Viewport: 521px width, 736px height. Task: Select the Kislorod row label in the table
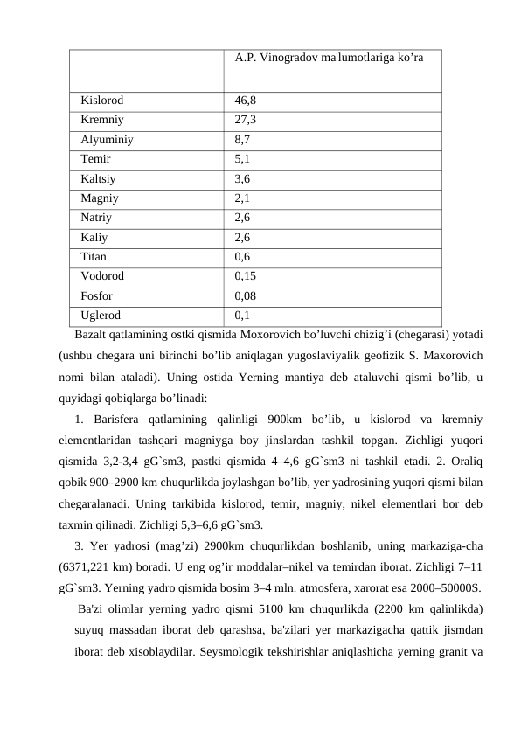101,101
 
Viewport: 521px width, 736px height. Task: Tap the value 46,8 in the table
245,101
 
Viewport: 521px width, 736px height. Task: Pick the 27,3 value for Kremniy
245,120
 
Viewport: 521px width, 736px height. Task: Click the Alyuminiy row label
107,139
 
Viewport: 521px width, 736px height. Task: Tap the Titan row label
94,256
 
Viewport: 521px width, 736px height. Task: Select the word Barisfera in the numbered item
115,419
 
